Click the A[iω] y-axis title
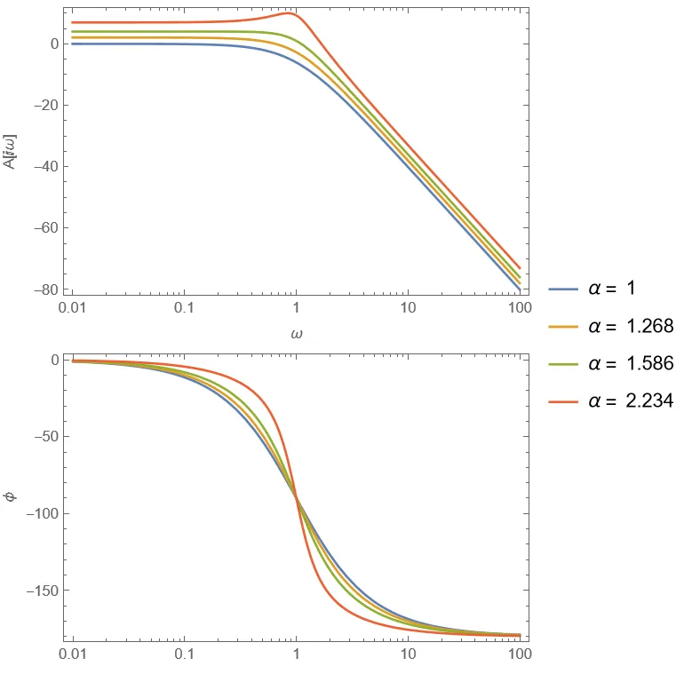12,150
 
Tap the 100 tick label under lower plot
520,656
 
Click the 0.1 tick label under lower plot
184,656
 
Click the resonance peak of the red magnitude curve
288,13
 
